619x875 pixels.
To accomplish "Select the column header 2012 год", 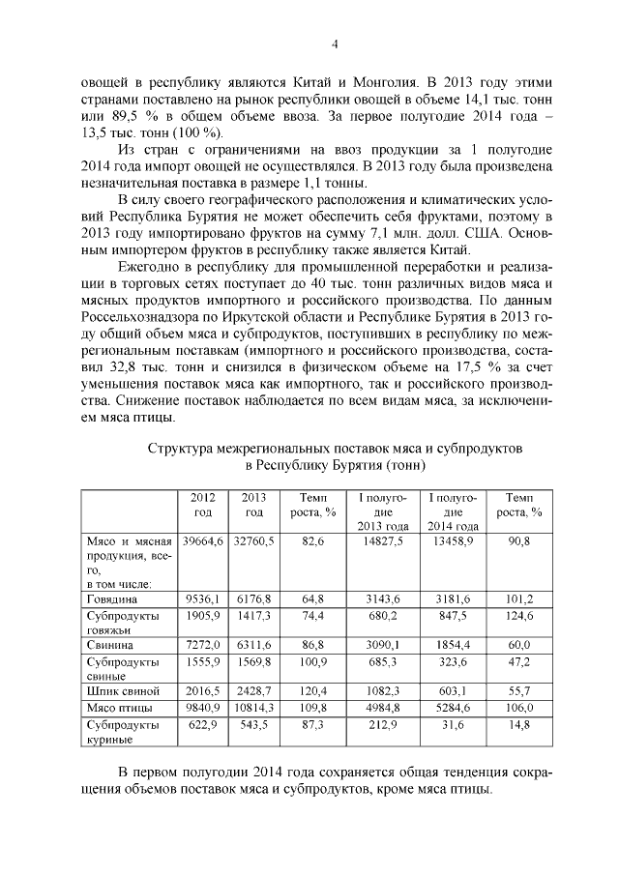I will click(203, 505).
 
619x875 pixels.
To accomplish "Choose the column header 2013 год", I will click(254, 505).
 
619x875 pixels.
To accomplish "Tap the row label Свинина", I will click(107, 644).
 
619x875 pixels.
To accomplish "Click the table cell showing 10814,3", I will click(254, 708).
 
